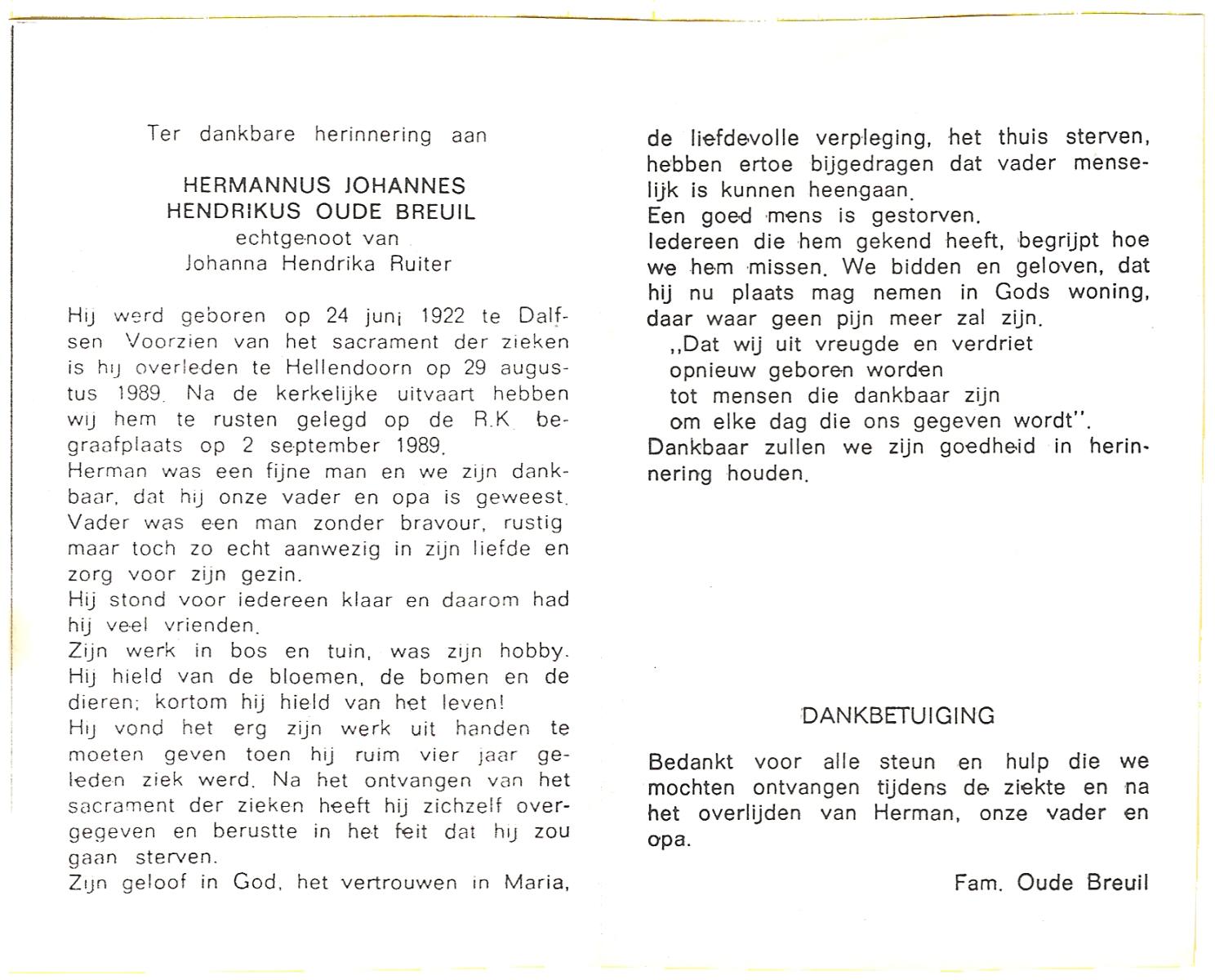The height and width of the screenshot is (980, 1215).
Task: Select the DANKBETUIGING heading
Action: (897, 716)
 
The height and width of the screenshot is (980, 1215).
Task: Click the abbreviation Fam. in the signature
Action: (977, 883)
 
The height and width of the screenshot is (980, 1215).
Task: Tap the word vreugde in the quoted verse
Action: (825, 344)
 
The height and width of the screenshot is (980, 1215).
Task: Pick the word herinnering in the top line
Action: (373, 134)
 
